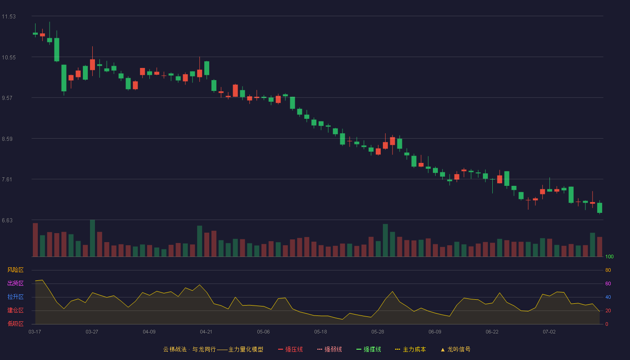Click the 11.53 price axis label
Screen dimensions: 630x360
(9, 17)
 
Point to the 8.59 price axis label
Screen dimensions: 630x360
(7, 139)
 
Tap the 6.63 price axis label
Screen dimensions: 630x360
(7, 220)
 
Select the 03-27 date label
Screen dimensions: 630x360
(92, 332)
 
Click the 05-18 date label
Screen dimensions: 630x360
(320, 332)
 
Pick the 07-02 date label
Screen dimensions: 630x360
(549, 332)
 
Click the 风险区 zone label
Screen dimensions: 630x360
(15, 270)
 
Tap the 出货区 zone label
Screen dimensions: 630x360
(15, 283)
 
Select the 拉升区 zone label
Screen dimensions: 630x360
(15, 297)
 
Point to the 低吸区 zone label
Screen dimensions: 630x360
(15, 324)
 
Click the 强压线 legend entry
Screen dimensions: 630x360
(290, 350)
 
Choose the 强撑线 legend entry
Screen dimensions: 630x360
(369, 350)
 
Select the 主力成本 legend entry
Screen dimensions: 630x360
(410, 350)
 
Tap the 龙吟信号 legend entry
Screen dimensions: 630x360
(455, 350)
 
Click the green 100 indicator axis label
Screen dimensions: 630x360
(609, 256)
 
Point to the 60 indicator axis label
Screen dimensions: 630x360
(608, 283)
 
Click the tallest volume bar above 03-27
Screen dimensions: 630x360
(92, 238)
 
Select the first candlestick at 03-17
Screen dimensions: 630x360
(35, 33)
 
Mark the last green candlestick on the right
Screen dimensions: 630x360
(599, 207)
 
